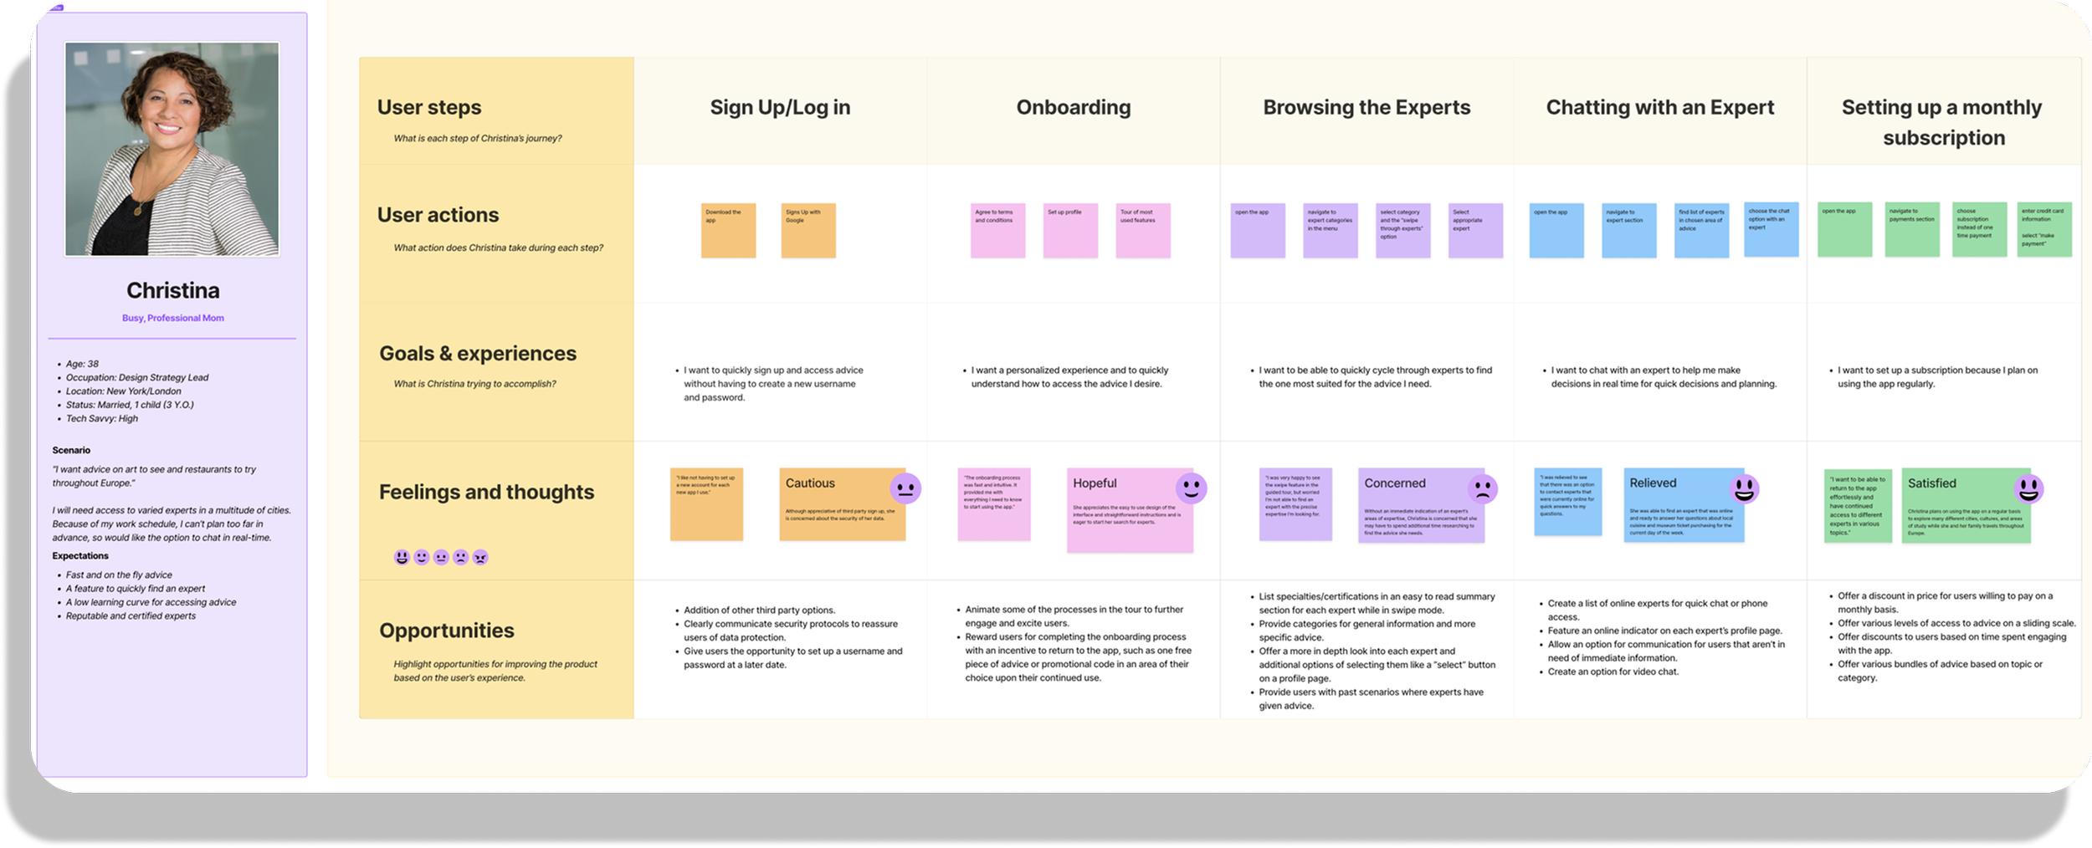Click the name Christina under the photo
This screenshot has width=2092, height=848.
coord(173,290)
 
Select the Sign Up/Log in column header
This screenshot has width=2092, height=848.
coord(780,107)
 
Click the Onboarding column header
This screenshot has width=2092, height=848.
coord(1074,107)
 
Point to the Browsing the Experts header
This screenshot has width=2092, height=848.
coord(1366,107)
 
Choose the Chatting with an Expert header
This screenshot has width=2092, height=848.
coord(1660,107)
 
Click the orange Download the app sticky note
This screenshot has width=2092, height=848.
coord(728,230)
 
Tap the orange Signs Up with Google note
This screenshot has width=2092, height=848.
coord(808,230)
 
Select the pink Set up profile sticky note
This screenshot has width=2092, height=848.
coord(1070,230)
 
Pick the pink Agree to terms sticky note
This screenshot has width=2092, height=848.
coord(997,230)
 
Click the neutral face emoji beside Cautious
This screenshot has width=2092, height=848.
coord(905,488)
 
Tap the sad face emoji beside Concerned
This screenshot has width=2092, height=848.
coord(1482,488)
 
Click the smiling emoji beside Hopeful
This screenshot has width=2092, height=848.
coord(1191,488)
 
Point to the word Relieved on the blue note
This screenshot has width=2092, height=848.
coord(1653,483)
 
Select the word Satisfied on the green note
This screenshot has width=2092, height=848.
coord(1931,483)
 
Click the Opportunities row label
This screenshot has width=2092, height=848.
coord(447,631)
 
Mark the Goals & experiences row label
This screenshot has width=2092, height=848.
coord(478,354)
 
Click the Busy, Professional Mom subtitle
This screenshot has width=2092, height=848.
coord(173,318)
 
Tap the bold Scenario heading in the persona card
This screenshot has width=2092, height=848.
coord(71,450)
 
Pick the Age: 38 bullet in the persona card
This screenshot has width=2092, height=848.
coord(82,364)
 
